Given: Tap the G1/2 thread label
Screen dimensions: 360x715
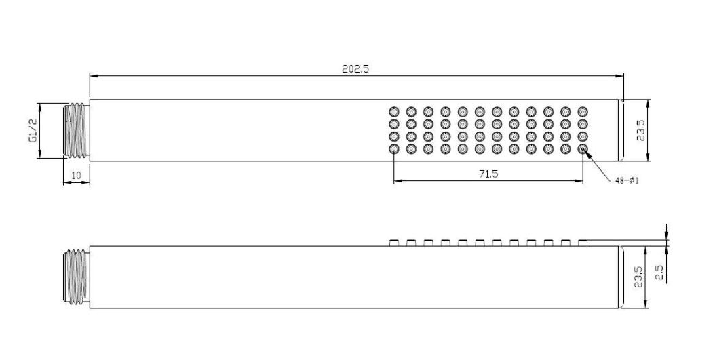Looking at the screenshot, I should coord(30,131).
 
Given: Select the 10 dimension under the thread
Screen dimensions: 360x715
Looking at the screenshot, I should coord(76,176).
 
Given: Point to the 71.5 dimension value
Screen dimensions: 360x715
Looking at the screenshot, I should coord(488,174).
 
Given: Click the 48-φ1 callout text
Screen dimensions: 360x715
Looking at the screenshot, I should coord(627,180).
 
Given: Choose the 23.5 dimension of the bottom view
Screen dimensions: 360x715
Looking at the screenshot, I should coord(638,277).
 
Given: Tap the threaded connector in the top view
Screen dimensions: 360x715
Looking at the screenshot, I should coord(77,131).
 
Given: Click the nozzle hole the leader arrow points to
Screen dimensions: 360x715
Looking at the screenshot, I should coord(582,149).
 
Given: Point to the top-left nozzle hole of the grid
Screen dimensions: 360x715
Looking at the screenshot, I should coord(393,111).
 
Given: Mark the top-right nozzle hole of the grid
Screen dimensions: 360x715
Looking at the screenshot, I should coord(582,111).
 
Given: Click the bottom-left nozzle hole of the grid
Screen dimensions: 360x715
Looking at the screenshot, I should coord(393,149).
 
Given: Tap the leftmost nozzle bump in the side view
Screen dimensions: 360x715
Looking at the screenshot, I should coord(393,242).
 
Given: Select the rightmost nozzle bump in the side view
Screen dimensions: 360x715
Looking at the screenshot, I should coord(582,242).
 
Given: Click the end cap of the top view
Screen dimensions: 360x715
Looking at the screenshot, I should coord(621,131).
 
